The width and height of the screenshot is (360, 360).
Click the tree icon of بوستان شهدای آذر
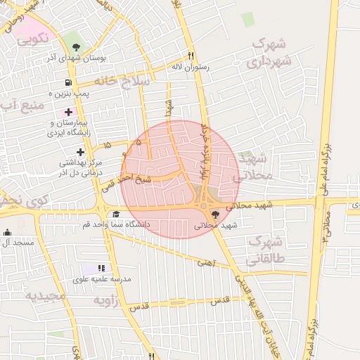click(x=76, y=47)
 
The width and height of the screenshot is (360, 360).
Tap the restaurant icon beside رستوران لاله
click(x=191, y=56)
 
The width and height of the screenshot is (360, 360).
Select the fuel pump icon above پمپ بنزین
click(x=67, y=83)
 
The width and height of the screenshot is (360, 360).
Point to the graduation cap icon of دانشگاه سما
click(x=115, y=214)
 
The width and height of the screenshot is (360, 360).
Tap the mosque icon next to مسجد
click(x=7, y=233)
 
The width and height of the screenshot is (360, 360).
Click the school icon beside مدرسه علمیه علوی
click(x=101, y=268)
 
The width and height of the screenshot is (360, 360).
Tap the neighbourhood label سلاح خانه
click(x=127, y=82)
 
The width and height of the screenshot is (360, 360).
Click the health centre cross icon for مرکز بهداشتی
click(x=81, y=152)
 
